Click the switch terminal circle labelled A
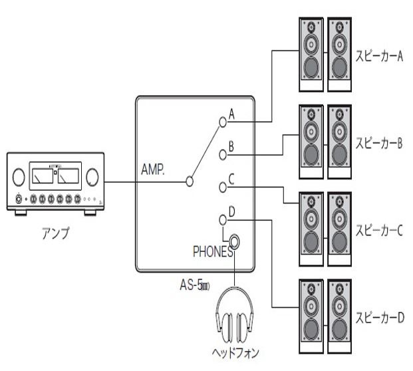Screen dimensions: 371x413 (223, 122)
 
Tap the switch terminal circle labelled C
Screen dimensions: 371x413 (223, 187)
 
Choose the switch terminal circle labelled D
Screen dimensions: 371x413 (223, 220)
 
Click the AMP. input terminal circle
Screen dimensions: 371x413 (190, 180)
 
